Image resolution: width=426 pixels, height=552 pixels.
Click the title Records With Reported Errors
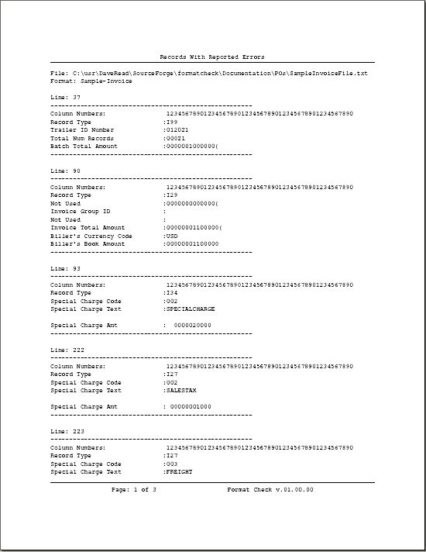[x=211, y=57]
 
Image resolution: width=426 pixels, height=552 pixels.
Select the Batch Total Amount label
[x=84, y=146]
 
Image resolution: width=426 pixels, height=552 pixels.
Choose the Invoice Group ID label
[x=81, y=211]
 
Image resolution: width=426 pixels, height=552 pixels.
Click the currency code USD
[x=172, y=236]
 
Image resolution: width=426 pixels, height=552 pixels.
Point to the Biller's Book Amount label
[x=88, y=243]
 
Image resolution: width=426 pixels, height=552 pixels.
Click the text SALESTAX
[x=180, y=391]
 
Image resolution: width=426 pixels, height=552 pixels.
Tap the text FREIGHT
[x=178, y=471]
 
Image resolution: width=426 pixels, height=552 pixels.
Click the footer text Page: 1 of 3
[x=134, y=490]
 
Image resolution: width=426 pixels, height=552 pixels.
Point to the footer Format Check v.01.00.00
[x=270, y=490]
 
